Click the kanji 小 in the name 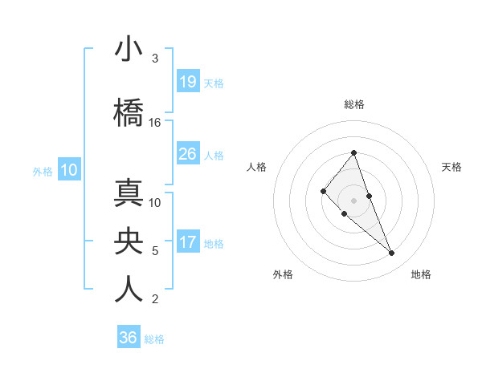click(x=129, y=51)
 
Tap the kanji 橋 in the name click(x=129, y=111)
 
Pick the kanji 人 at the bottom click(x=129, y=289)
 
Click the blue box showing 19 click(x=188, y=82)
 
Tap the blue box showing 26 click(x=188, y=154)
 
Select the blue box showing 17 click(x=188, y=242)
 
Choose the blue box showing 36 click(x=129, y=338)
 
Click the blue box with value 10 click(x=69, y=169)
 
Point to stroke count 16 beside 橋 click(x=155, y=123)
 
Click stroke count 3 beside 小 click(x=155, y=59)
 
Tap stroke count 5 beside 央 click(x=155, y=251)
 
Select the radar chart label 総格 click(x=354, y=104)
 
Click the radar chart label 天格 click(x=452, y=167)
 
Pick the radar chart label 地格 click(x=421, y=275)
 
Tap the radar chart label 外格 click(x=283, y=275)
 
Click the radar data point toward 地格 click(x=392, y=253)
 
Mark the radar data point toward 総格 click(x=354, y=152)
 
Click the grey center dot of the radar click(x=354, y=201)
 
